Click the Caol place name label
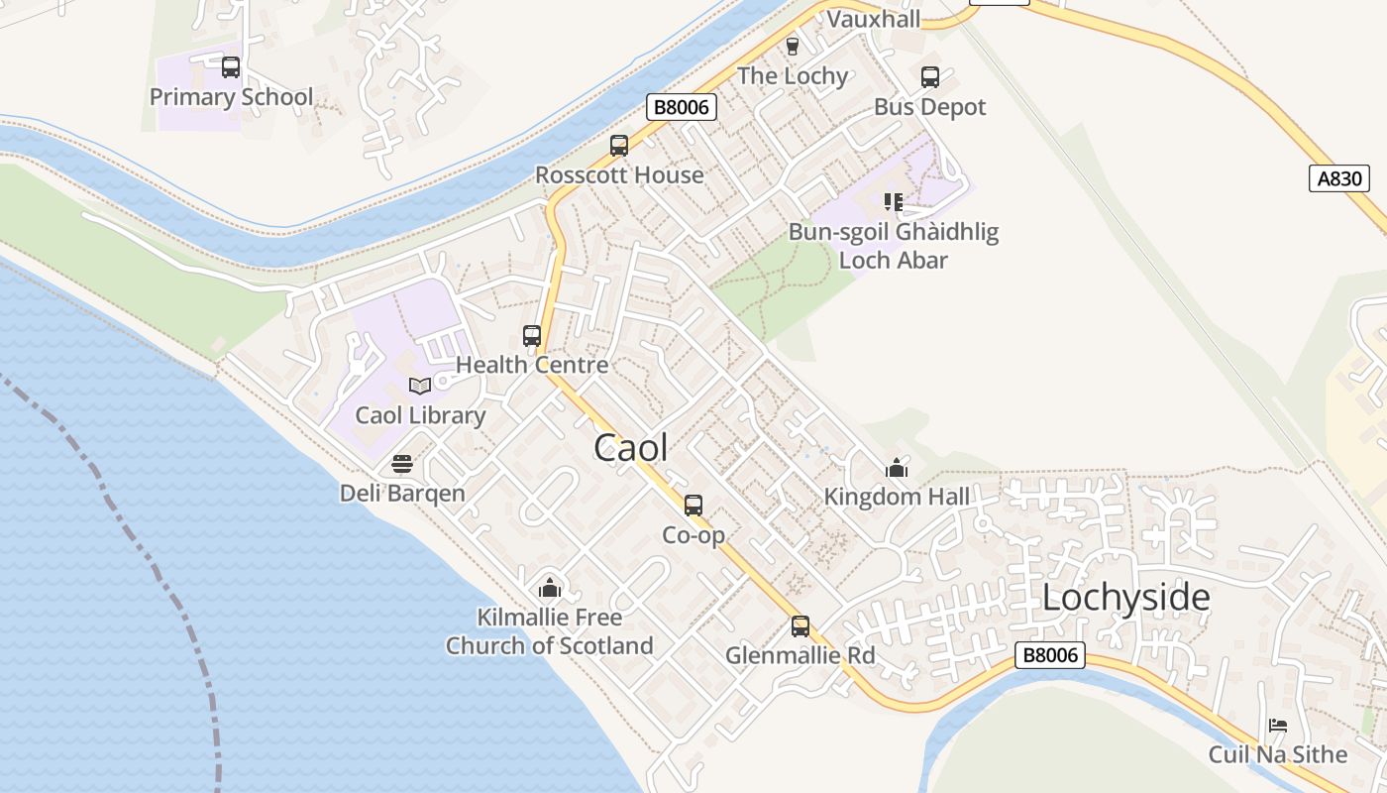pyautogui.click(x=630, y=448)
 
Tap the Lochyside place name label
pyautogui.click(x=1125, y=598)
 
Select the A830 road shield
pyautogui.click(x=1338, y=178)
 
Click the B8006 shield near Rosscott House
pyautogui.click(x=681, y=107)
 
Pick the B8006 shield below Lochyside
pyautogui.click(x=1050, y=655)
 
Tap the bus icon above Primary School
pyautogui.click(x=231, y=67)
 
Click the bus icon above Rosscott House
pyautogui.click(x=619, y=146)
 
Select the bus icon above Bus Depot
pyautogui.click(x=930, y=77)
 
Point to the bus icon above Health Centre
pyautogui.click(x=532, y=336)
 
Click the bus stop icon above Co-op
pyautogui.click(x=693, y=506)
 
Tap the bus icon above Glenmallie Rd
pyautogui.click(x=800, y=626)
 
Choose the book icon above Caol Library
pyautogui.click(x=420, y=386)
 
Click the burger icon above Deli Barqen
pyautogui.click(x=402, y=464)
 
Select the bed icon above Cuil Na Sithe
pyautogui.click(x=1278, y=726)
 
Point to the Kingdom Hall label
pyautogui.click(x=898, y=497)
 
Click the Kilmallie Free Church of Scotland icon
pyautogui.click(x=550, y=588)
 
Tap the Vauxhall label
pyautogui.click(x=873, y=19)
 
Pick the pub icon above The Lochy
pyautogui.click(x=792, y=46)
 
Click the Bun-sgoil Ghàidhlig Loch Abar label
pyautogui.click(x=894, y=246)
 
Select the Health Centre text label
pyautogui.click(x=532, y=365)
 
